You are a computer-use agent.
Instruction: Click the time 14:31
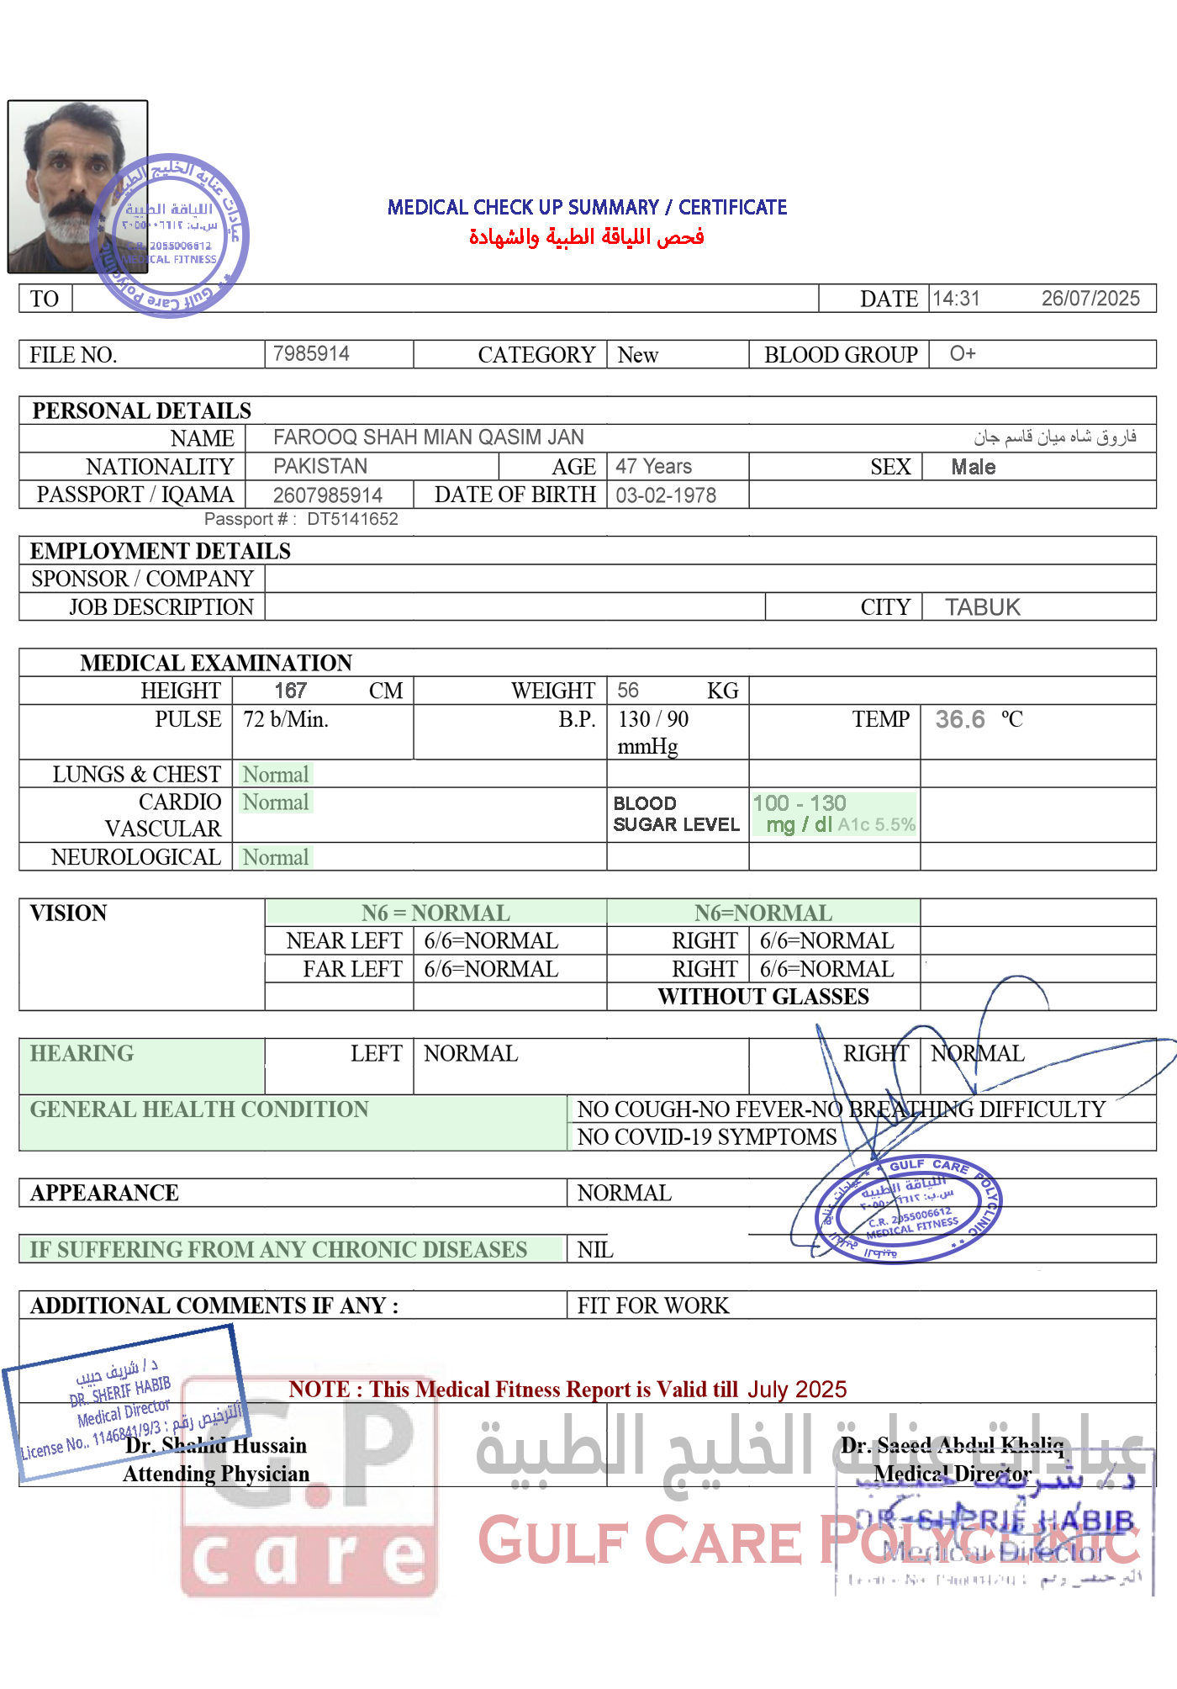[x=956, y=299]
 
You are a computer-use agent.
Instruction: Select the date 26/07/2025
[x=1090, y=299]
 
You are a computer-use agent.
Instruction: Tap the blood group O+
[x=963, y=353]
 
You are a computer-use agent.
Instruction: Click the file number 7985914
[x=311, y=353]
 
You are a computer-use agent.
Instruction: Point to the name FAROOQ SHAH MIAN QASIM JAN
[x=429, y=437]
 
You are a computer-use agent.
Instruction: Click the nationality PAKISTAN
[x=320, y=466]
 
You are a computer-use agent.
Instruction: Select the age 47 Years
[x=653, y=466]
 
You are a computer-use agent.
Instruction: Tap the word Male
[x=973, y=467]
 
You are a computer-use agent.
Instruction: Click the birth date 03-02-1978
[x=666, y=495]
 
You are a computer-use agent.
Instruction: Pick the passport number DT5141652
[x=352, y=519]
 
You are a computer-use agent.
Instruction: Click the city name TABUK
[x=982, y=607]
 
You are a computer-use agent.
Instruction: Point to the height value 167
[x=290, y=691]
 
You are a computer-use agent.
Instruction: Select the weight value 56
[x=627, y=691]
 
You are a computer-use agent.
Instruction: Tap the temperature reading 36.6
[x=960, y=719]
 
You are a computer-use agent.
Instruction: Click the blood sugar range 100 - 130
[x=800, y=803]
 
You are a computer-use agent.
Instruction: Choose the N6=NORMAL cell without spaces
[x=763, y=913]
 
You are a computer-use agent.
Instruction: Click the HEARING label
[x=82, y=1053]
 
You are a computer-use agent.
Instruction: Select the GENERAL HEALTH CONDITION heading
[x=199, y=1109]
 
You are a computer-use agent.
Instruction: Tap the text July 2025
[x=797, y=1390]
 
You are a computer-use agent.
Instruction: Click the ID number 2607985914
[x=328, y=495]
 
